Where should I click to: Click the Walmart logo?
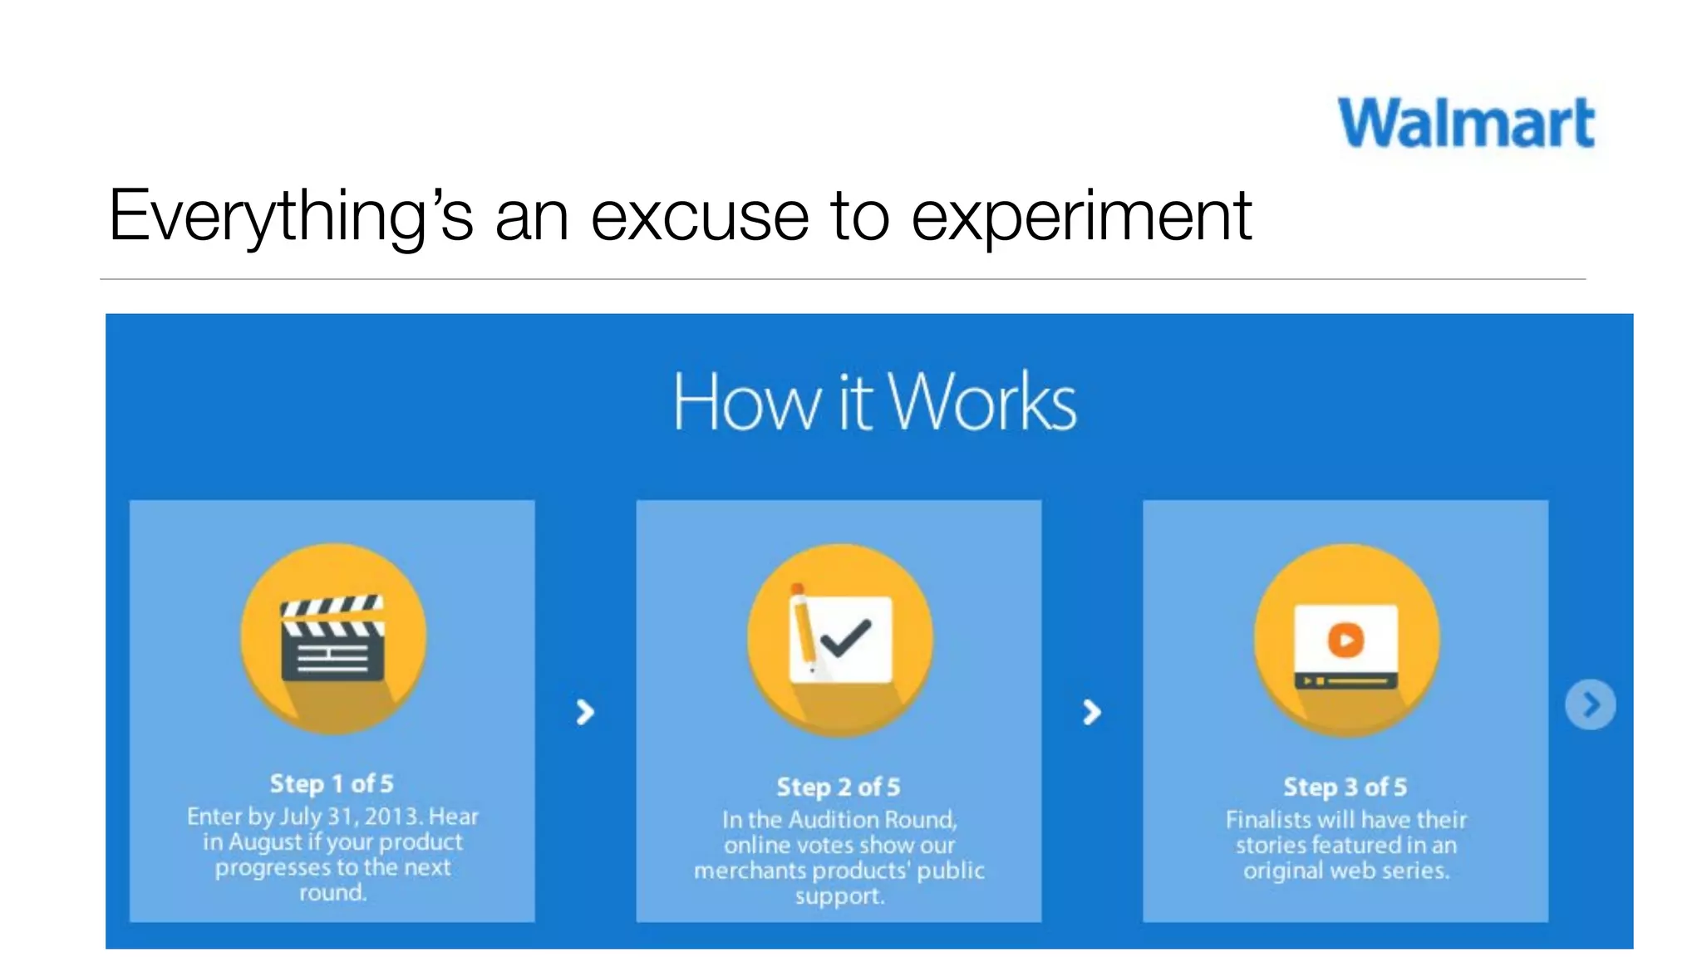pyautogui.click(x=1466, y=123)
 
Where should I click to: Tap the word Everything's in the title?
pyautogui.click(x=291, y=216)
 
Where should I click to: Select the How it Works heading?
pyautogui.click(x=874, y=402)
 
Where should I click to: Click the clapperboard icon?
pyautogui.click(x=332, y=638)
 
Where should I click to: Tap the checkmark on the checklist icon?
pyautogui.click(x=846, y=638)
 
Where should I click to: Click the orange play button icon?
pyautogui.click(x=1345, y=640)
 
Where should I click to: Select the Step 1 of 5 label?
pyautogui.click(x=332, y=783)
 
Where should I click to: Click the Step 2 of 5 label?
pyautogui.click(x=838, y=787)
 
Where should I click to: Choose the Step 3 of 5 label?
pyautogui.click(x=1345, y=787)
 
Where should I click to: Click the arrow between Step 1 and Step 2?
pyautogui.click(x=585, y=712)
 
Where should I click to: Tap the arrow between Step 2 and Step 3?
pyautogui.click(x=1091, y=712)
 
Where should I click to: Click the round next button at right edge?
pyautogui.click(x=1590, y=705)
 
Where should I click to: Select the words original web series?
pyautogui.click(x=1345, y=871)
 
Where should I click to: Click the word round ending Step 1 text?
pyautogui.click(x=332, y=893)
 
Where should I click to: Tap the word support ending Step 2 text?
pyautogui.click(x=839, y=896)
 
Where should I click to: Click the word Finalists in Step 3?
pyautogui.click(x=1267, y=820)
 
